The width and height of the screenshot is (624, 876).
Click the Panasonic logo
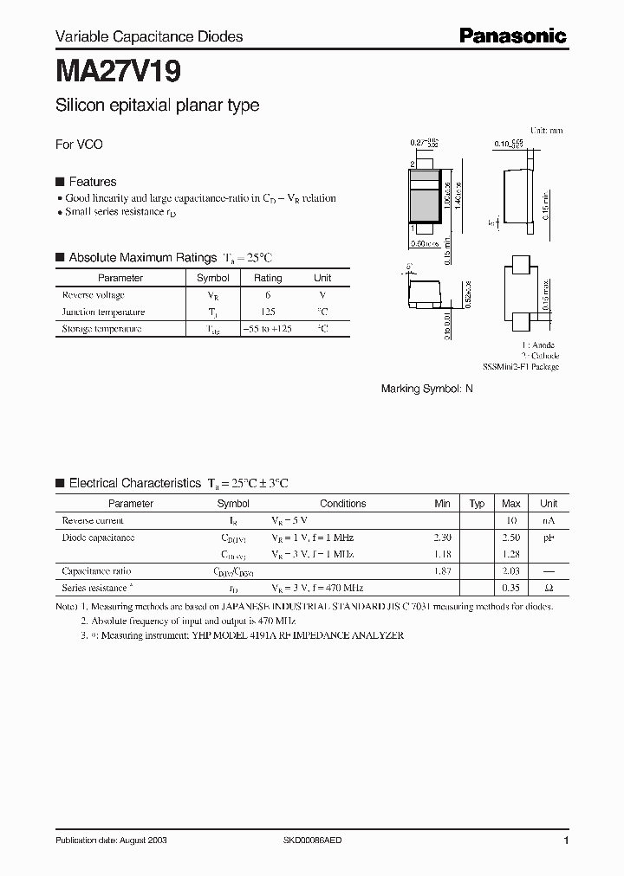point(512,35)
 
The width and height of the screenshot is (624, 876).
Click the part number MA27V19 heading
point(118,71)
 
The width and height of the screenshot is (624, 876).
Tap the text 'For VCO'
point(79,145)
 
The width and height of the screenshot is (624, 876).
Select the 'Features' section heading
point(92,182)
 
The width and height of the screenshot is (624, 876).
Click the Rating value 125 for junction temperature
point(267,312)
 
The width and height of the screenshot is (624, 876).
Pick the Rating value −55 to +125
point(267,329)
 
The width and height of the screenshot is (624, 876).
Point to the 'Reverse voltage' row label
point(94,295)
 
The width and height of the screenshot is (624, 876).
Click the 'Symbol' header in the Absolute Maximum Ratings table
point(212,278)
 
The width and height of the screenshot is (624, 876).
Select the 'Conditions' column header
point(342,503)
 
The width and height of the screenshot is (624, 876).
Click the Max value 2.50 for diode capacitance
point(511,538)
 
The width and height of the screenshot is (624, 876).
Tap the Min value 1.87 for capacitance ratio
point(442,571)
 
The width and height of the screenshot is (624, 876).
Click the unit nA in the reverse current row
point(549,520)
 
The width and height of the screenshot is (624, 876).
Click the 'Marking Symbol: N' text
point(427,390)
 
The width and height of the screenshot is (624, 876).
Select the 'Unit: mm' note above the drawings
point(546,130)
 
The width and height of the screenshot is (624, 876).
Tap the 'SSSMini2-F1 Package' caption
point(520,367)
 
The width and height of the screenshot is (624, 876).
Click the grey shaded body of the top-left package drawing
point(424,204)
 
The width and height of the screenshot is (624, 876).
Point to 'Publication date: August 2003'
point(111,841)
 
